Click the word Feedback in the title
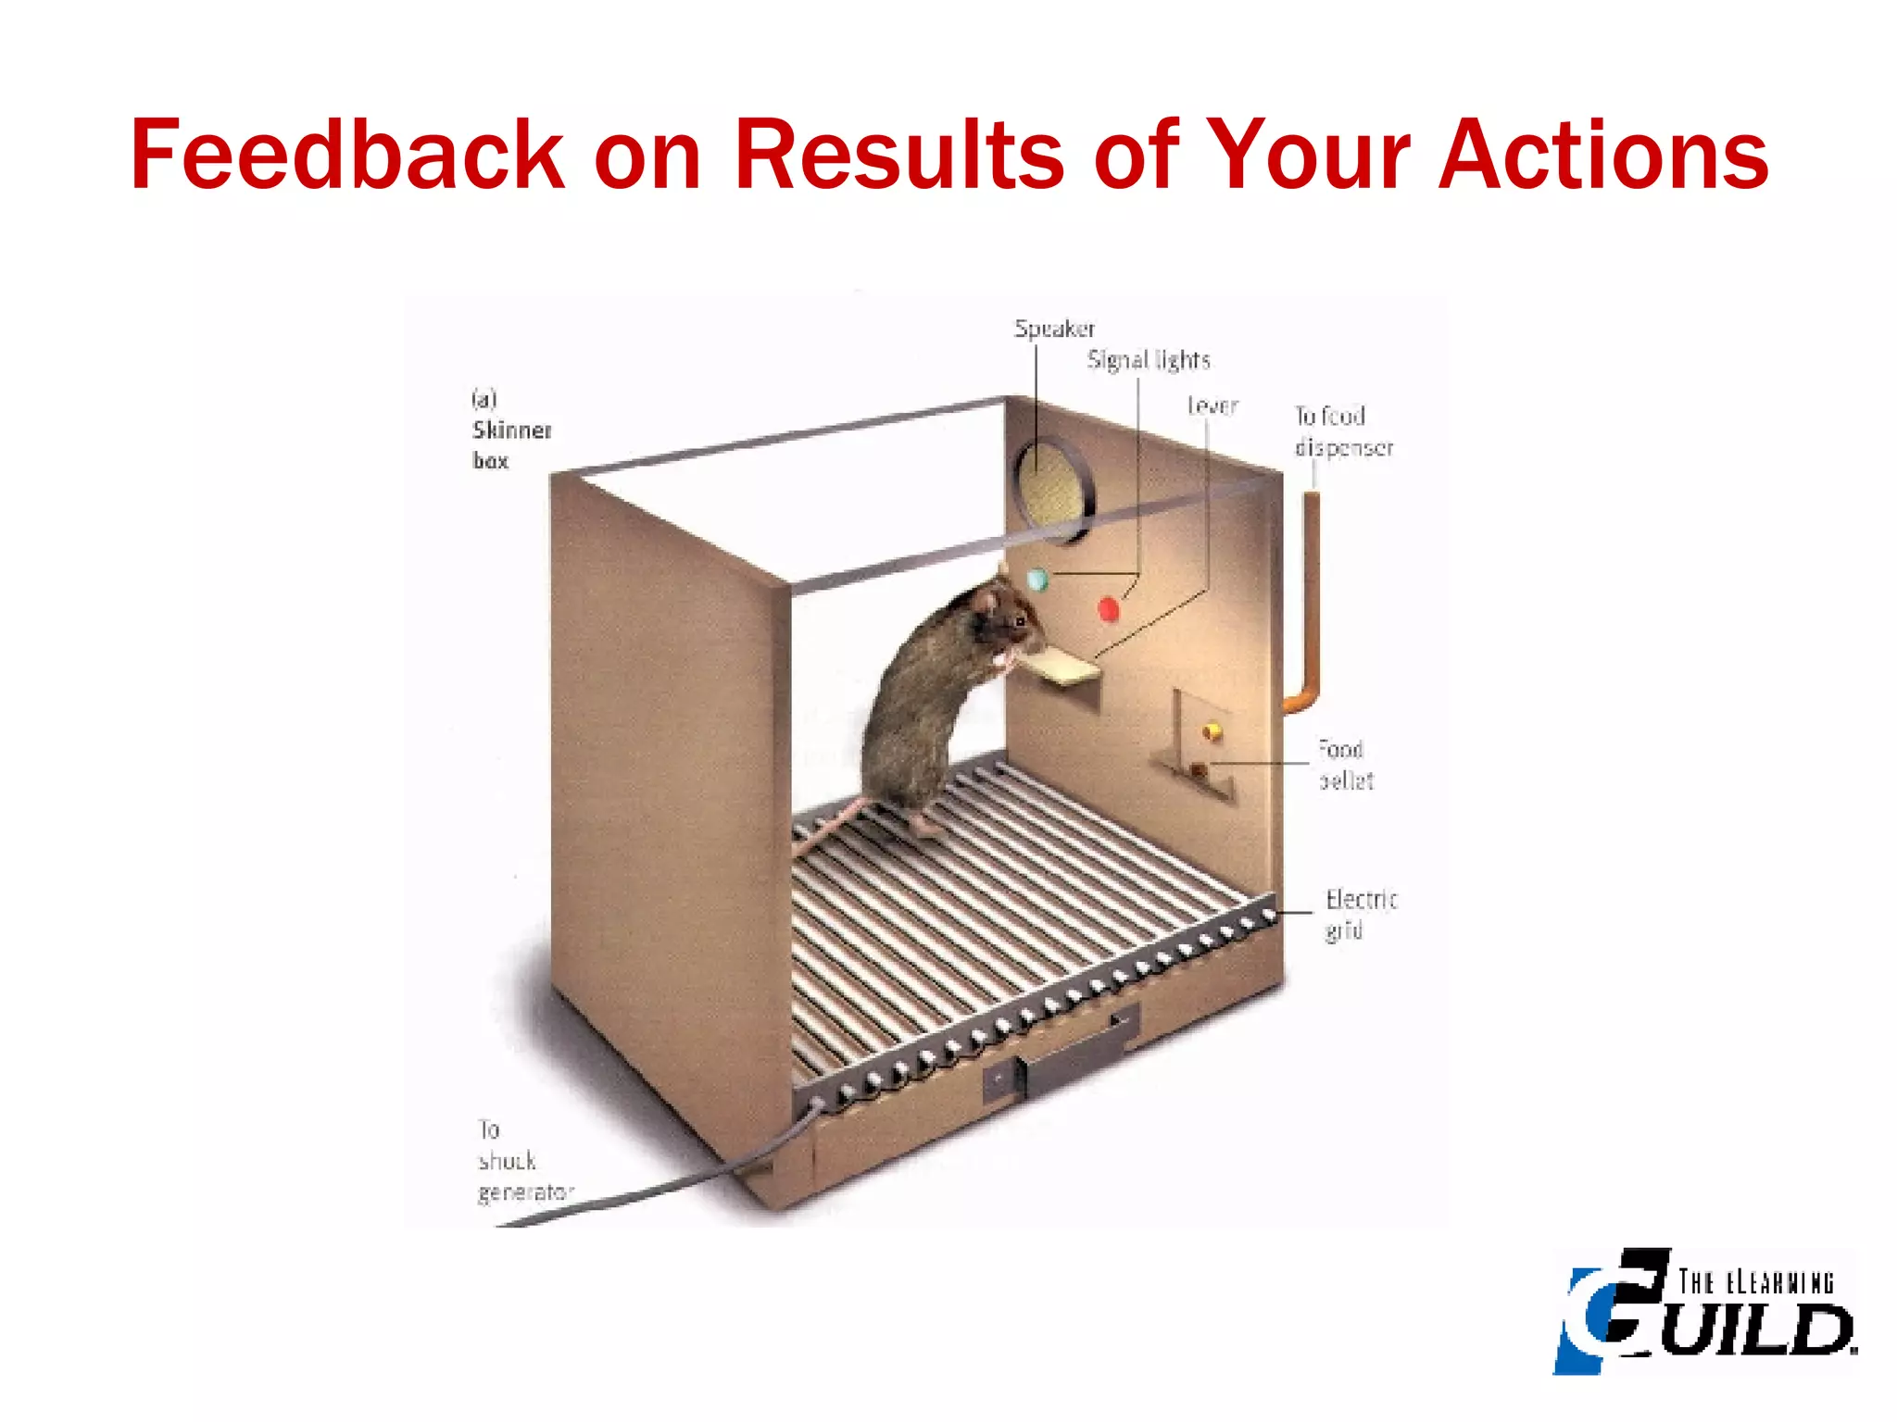pyautogui.click(x=346, y=155)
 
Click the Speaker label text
pyautogui.click(x=1054, y=329)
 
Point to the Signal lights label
pyautogui.click(x=1149, y=360)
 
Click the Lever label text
pyautogui.click(x=1212, y=405)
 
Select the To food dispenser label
pyautogui.click(x=1342, y=431)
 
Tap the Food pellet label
pyautogui.click(x=1346, y=765)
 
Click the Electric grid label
pyautogui.click(x=1360, y=914)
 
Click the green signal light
pyautogui.click(x=1038, y=580)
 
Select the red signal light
pyautogui.click(x=1108, y=609)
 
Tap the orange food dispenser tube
pyautogui.click(x=1311, y=602)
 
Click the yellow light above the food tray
pyautogui.click(x=1211, y=732)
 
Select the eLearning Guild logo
pyautogui.click(x=1704, y=1310)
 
